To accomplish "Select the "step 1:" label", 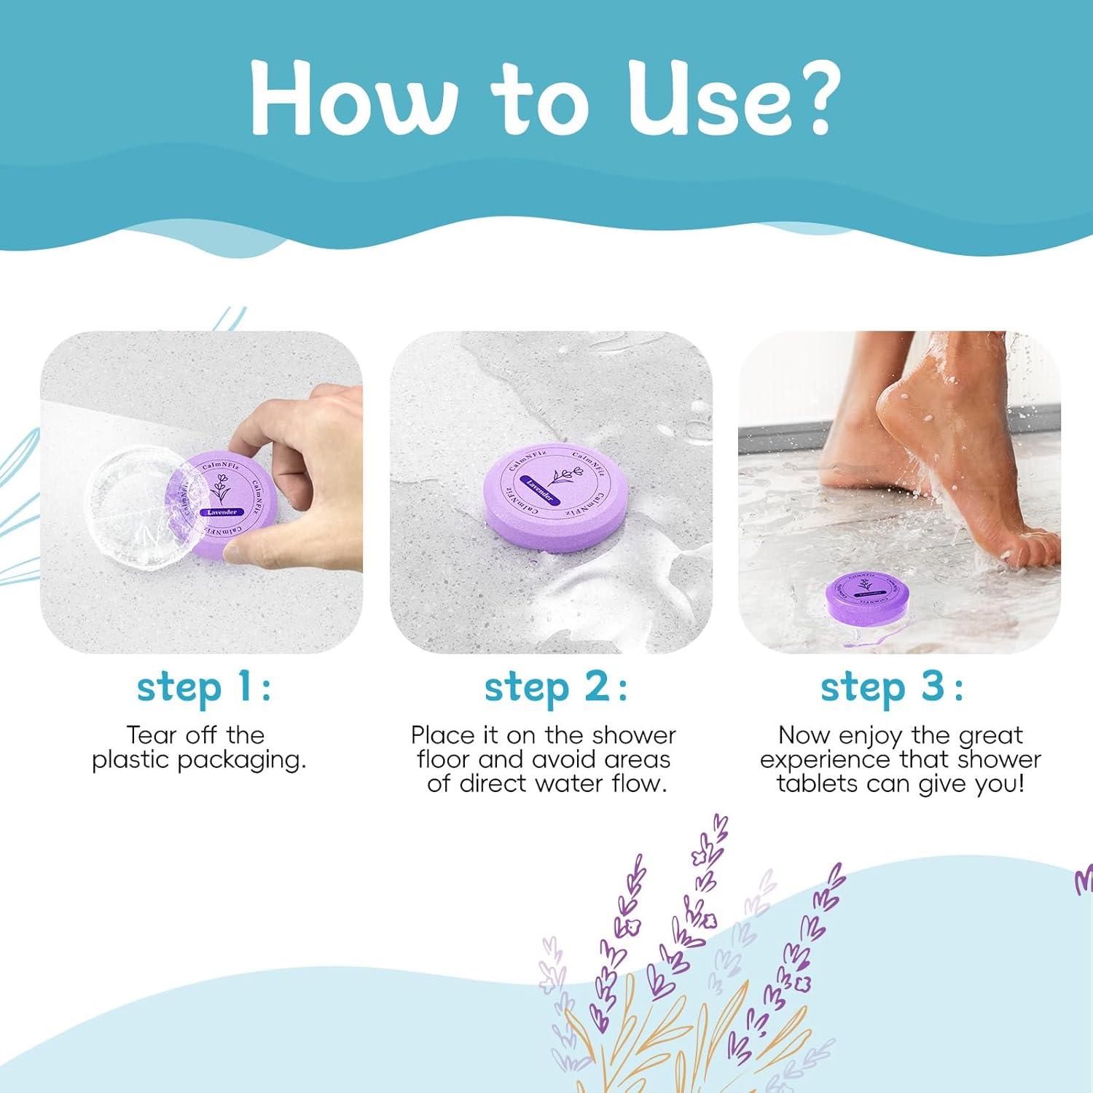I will (203, 687).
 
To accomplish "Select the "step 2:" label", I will (555, 687).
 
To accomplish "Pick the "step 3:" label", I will (891, 687).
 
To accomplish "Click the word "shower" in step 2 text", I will (634, 735).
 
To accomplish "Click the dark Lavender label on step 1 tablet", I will (222, 512).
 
